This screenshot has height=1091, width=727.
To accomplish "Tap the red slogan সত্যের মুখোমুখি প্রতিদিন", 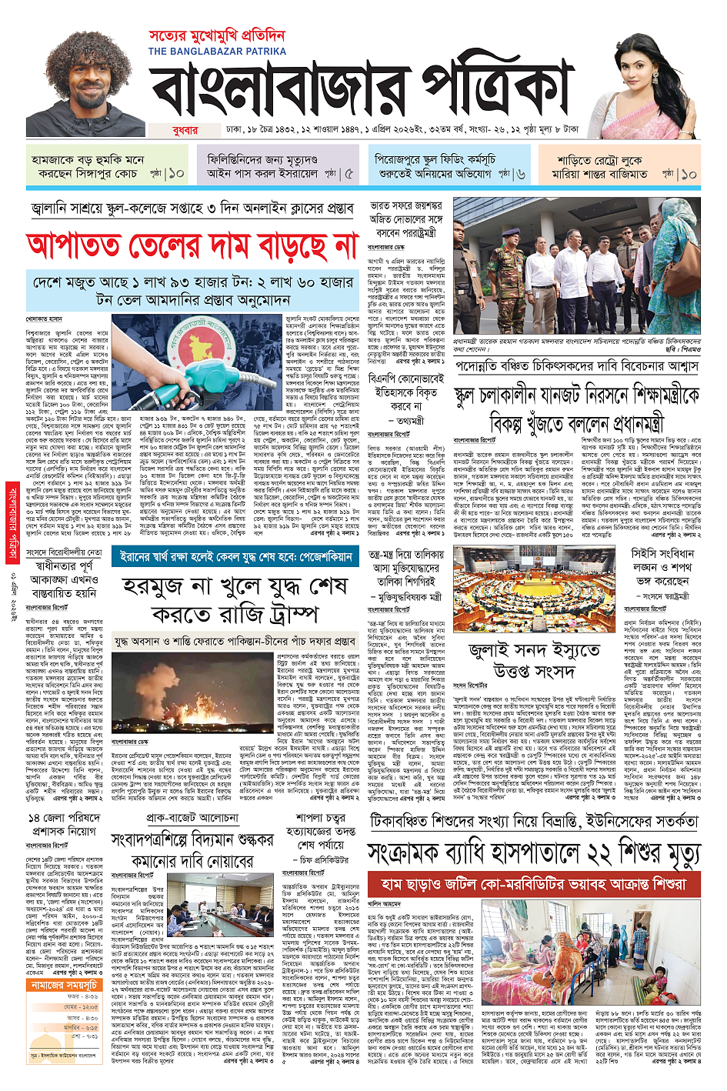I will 217,36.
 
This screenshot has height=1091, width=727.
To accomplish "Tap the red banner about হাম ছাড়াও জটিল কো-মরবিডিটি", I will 534,884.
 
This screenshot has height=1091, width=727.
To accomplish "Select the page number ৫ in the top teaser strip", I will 350,174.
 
